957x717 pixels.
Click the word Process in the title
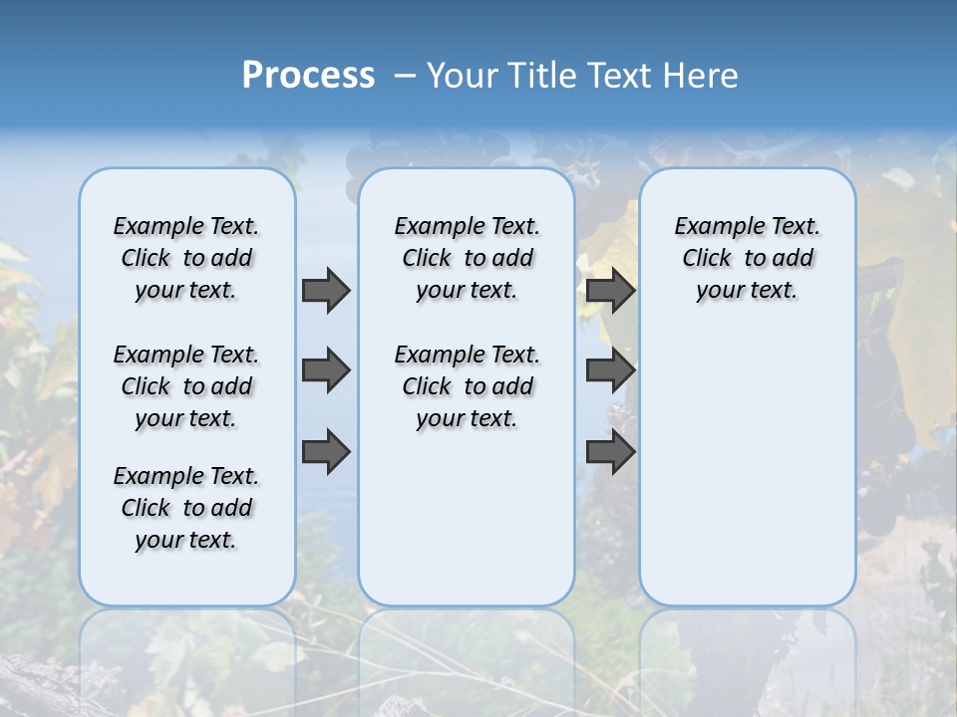pos(308,75)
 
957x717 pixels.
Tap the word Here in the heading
pos(702,76)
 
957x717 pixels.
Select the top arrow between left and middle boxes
pos(326,290)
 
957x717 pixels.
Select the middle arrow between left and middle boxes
pos(326,370)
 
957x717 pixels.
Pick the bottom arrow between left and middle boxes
pos(326,452)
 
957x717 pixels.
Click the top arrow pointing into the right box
pos(610,290)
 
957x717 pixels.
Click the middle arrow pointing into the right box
pos(610,370)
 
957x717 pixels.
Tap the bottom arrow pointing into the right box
pos(610,452)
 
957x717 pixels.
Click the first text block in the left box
pos(186,258)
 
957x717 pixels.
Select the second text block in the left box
pos(186,386)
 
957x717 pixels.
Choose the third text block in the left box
pos(186,508)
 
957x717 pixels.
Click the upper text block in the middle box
pos(467,258)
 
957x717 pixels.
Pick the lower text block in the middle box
pos(467,386)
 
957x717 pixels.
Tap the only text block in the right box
pos(747,258)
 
